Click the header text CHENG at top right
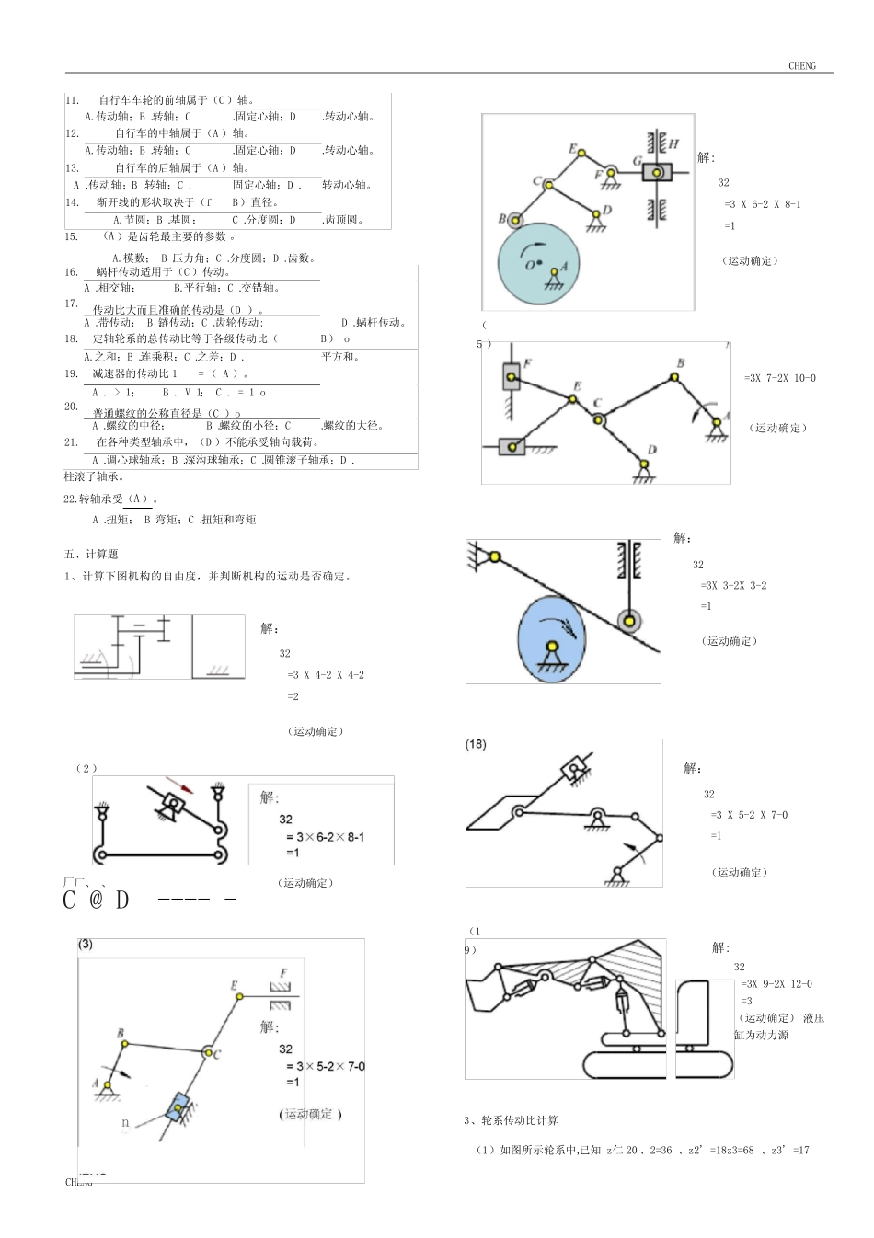point(801,65)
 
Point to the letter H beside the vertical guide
point(673,143)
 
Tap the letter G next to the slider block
point(637,161)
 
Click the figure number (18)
point(476,744)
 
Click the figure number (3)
point(86,944)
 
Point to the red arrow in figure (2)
point(186,787)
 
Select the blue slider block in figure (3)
point(178,1107)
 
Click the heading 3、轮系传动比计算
point(511,1120)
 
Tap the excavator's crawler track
point(658,1063)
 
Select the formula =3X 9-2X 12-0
point(776,983)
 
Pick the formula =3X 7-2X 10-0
point(779,378)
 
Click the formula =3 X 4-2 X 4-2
point(326,674)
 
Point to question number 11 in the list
point(73,99)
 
